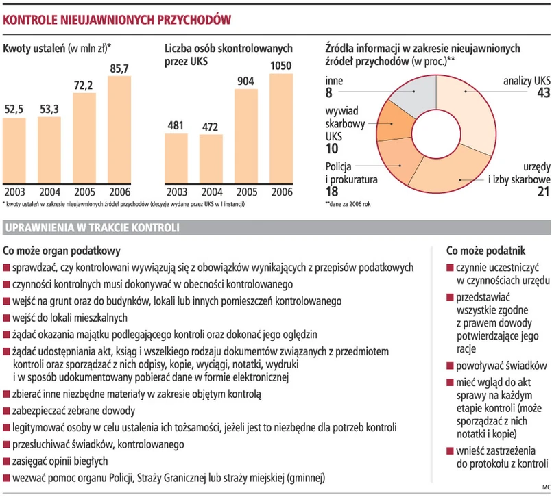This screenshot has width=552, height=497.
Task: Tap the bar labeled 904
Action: (x=246, y=137)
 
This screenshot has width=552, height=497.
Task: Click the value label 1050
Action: (x=281, y=66)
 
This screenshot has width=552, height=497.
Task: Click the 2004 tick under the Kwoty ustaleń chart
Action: (x=49, y=192)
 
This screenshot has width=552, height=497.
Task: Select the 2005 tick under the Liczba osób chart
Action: (x=246, y=192)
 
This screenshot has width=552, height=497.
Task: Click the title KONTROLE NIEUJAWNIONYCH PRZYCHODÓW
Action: (x=115, y=21)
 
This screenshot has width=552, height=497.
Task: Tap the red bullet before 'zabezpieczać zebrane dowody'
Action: (x=7, y=412)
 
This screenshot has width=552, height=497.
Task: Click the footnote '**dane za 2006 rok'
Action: (x=348, y=204)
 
